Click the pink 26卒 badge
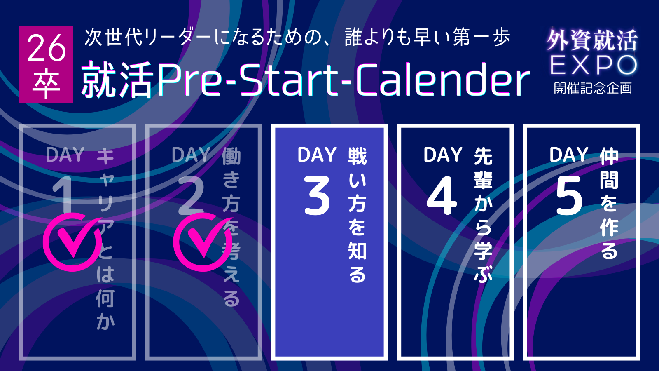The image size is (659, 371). pyautogui.click(x=46, y=65)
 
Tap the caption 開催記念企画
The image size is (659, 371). pyautogui.click(x=593, y=88)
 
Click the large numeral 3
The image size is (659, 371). pyautogui.click(x=317, y=195)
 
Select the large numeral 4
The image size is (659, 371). pyautogui.click(x=442, y=195)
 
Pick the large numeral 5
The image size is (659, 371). pyautogui.click(x=569, y=195)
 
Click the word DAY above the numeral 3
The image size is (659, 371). pyautogui.click(x=317, y=155)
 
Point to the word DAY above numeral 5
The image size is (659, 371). pyautogui.click(x=569, y=155)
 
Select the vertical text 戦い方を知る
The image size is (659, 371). pyautogui.click(x=357, y=215)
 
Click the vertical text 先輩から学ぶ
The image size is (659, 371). pyautogui.click(x=483, y=215)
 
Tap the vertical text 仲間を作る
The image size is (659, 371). pyautogui.click(x=609, y=203)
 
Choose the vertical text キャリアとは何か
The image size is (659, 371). pyautogui.click(x=105, y=239)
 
